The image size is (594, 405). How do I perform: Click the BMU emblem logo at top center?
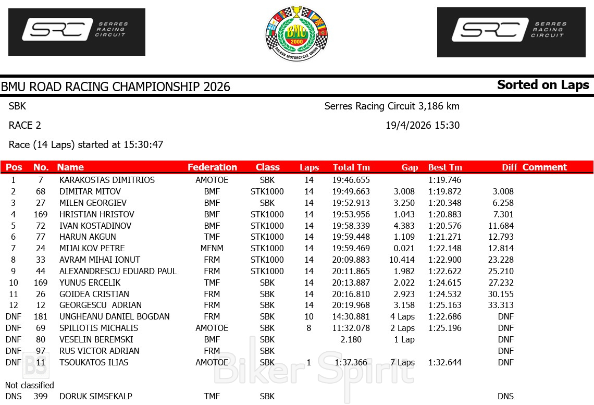296,33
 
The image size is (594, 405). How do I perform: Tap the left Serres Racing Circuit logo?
77,32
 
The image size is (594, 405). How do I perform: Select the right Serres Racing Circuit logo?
511,32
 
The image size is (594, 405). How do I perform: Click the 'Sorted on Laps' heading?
543,85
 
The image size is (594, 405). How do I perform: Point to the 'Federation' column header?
212,167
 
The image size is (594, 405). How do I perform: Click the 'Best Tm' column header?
445,167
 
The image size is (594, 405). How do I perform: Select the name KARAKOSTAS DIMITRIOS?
107,180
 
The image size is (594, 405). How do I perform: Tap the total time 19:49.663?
351,191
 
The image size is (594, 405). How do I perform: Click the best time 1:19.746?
445,180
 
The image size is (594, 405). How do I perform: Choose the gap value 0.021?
404,248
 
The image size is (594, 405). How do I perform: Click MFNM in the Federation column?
212,248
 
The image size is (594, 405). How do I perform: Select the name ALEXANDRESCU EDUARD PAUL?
118,271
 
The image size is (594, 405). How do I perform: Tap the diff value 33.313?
501,305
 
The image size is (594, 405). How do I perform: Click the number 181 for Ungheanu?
40,316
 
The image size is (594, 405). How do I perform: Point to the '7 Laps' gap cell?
403,362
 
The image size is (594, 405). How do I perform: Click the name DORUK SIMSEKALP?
95,396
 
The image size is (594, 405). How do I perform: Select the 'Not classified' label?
30,385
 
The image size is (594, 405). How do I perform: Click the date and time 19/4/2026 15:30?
423,125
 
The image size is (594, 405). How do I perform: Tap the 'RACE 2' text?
25,125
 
